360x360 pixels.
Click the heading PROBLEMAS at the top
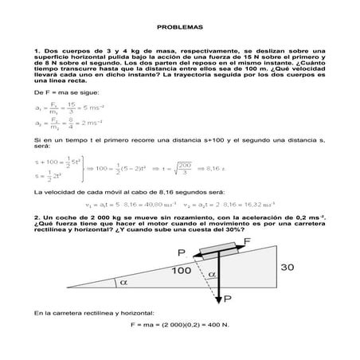(x=179, y=25)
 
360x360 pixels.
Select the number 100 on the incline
(x=180, y=269)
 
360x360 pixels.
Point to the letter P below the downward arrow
(x=229, y=299)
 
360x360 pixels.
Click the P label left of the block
(x=182, y=252)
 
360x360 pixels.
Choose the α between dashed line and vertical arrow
(x=210, y=273)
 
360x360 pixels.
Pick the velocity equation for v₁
(x=129, y=204)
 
